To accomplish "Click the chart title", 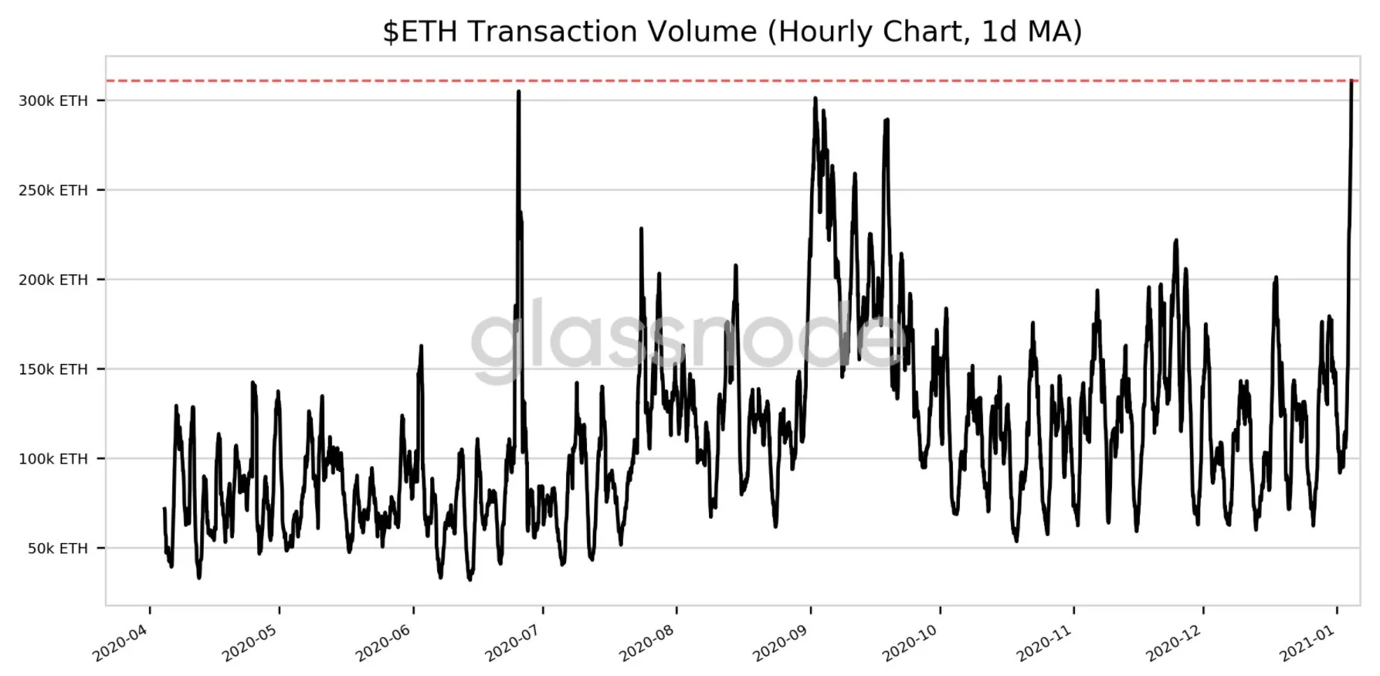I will (x=731, y=32).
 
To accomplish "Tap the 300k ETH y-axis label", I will (x=53, y=100).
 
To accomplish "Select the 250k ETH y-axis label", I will (x=53, y=190).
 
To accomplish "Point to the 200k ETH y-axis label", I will (x=53, y=280).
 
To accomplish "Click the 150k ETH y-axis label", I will (x=53, y=369).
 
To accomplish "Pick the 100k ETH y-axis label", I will (x=53, y=459).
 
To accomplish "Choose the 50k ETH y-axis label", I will (x=58, y=549).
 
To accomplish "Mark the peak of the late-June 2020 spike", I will (x=518, y=92).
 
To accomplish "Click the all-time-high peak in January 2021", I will (x=1351, y=81).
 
